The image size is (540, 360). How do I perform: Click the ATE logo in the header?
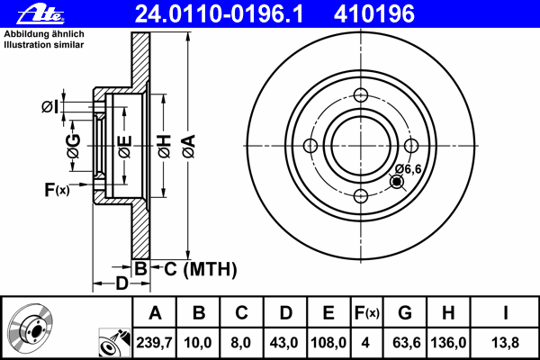coord(40,13)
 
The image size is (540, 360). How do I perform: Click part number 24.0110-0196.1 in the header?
coord(219,14)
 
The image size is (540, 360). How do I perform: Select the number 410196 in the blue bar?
coord(374,14)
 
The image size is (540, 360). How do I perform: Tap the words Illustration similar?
coord(44,45)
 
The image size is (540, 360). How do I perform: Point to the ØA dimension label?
coord(189,147)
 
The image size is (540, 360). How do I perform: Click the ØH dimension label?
coord(165,147)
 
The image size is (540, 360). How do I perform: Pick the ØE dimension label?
coord(125,147)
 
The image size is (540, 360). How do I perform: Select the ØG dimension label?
coord(74,147)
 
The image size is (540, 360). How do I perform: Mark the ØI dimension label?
coord(50,107)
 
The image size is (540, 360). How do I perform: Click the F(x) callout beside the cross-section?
coord(58,190)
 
